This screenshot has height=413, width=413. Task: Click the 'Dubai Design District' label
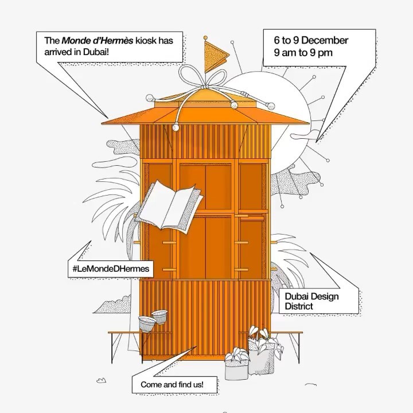pos(311,301)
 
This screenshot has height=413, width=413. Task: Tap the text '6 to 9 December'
pos(311,41)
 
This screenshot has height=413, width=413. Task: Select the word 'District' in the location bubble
pos(300,306)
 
